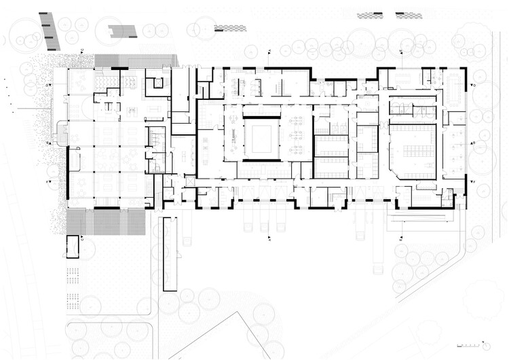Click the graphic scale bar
[470, 347]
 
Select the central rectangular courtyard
[262, 138]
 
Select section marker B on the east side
[473, 144]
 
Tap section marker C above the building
[82, 51]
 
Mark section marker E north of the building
[269, 51]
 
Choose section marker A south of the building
[269, 239]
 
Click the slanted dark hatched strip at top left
[50, 31]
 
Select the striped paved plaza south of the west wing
[106, 221]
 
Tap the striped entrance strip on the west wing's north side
[136, 60]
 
